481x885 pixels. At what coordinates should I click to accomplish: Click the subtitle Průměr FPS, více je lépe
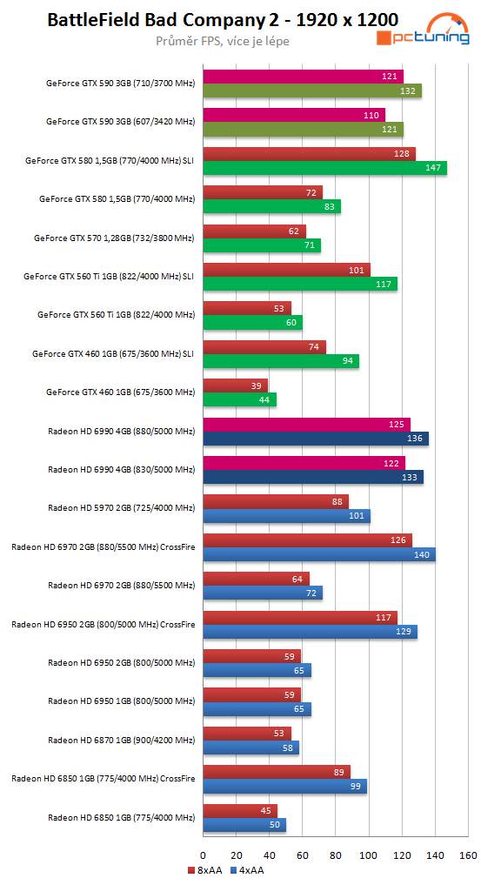coord(210,40)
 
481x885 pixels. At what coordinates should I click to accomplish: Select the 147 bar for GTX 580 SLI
coord(324,167)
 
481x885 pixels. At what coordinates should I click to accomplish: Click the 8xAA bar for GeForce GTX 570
coord(254,231)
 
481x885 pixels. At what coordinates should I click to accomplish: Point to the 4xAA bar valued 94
coord(280,361)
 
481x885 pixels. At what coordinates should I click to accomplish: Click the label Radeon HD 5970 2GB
coord(121,507)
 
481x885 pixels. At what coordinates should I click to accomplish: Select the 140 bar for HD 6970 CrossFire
coord(318,554)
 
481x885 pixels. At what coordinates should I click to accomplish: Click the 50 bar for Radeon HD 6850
coord(244,825)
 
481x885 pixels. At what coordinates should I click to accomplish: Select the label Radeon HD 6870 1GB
coord(121,740)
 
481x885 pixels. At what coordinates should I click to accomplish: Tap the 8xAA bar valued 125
coord(306,425)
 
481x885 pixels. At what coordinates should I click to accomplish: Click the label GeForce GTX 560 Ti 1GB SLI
coord(109,276)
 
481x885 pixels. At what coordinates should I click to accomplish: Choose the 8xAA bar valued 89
coord(276,772)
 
